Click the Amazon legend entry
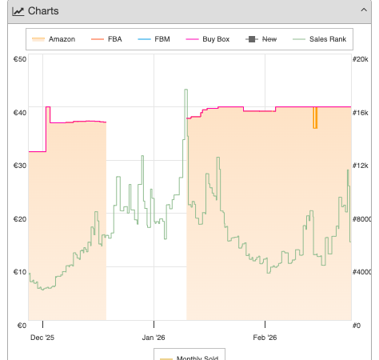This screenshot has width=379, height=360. (54, 39)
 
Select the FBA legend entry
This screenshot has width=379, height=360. (106, 39)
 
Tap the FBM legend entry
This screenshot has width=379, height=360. (154, 39)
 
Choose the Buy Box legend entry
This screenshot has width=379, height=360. (208, 39)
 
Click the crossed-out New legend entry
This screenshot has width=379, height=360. (261, 39)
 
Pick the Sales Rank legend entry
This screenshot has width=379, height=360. (320, 39)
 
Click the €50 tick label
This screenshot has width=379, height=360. (20, 59)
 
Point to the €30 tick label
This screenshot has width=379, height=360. (20, 166)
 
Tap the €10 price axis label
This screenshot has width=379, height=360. (20, 272)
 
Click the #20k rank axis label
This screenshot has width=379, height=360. (361, 59)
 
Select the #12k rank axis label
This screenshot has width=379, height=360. (361, 166)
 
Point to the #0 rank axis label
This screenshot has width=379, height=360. (357, 326)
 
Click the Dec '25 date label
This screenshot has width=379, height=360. (42, 338)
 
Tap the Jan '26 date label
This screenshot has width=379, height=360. (154, 338)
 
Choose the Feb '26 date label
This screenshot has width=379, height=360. (265, 338)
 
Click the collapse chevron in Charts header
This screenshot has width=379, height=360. (364, 10)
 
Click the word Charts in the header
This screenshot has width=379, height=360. (43, 11)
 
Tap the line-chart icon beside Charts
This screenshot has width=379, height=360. (18, 11)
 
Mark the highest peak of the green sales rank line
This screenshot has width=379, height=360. (186, 90)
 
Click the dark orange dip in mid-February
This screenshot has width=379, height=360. (315, 118)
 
